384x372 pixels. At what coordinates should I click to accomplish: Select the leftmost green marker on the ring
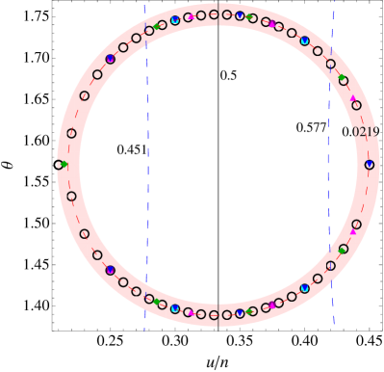pos(64,165)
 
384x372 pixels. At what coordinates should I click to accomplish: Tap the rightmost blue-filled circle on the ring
pos(370,165)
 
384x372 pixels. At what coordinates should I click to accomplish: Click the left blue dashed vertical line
pos(145,193)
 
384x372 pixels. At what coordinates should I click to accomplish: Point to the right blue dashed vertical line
pos(333,193)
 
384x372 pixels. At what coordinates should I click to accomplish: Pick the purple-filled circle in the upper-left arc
pos(110,59)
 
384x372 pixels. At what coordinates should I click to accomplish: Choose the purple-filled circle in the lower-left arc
pos(110,271)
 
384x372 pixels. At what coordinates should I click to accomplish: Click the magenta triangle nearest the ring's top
pos(191,16)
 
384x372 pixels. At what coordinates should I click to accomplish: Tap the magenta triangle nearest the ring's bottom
pos(191,313)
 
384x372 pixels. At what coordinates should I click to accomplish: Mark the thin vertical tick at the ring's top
pos(218,12)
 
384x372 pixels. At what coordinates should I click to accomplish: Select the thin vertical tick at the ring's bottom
pos(218,318)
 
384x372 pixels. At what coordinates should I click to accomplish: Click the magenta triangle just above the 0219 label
pos(353,98)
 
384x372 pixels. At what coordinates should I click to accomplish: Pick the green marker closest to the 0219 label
pos(343,79)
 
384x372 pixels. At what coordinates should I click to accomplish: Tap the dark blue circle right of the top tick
pos(240,15)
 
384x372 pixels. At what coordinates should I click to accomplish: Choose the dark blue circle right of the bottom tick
pos(240,313)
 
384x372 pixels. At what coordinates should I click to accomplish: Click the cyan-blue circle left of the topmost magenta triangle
pos(175,20)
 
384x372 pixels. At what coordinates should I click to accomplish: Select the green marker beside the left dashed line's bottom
pos(157,302)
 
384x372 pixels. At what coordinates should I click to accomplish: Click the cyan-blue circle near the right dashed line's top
pos(304,40)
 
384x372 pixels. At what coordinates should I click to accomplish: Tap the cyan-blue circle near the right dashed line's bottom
pos(304,288)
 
